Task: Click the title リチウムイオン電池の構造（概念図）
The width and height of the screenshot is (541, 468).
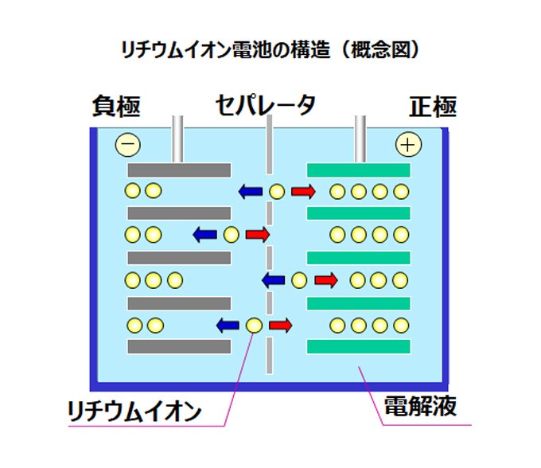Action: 270,49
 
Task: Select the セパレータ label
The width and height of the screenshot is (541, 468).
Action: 266,106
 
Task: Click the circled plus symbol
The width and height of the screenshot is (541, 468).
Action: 409,144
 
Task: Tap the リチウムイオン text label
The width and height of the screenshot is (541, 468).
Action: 134,411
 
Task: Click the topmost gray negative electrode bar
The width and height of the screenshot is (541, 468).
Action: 179,170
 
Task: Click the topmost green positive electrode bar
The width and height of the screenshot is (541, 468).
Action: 358,170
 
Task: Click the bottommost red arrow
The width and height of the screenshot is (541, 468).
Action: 280,325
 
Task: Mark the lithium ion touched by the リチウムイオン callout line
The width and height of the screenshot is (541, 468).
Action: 254,325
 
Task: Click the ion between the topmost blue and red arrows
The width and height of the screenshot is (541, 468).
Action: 276,191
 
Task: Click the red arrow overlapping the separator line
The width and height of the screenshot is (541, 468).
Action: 257,235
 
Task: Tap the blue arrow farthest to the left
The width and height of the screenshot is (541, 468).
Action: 205,235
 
